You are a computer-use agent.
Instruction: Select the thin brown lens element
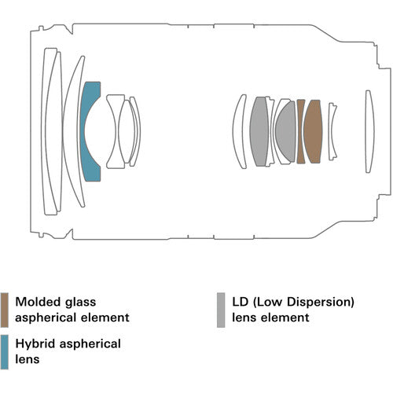coord(301,131)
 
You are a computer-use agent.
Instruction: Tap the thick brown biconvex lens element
coord(314,131)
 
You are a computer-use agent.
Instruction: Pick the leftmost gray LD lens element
coord(259,131)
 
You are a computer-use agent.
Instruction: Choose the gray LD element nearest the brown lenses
coord(287,131)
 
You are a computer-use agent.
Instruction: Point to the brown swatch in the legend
coord(5,310)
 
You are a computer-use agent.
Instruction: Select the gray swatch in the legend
coord(220,310)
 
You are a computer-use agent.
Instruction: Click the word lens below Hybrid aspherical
coord(28,361)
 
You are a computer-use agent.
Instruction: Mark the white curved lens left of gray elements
coord(239,131)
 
